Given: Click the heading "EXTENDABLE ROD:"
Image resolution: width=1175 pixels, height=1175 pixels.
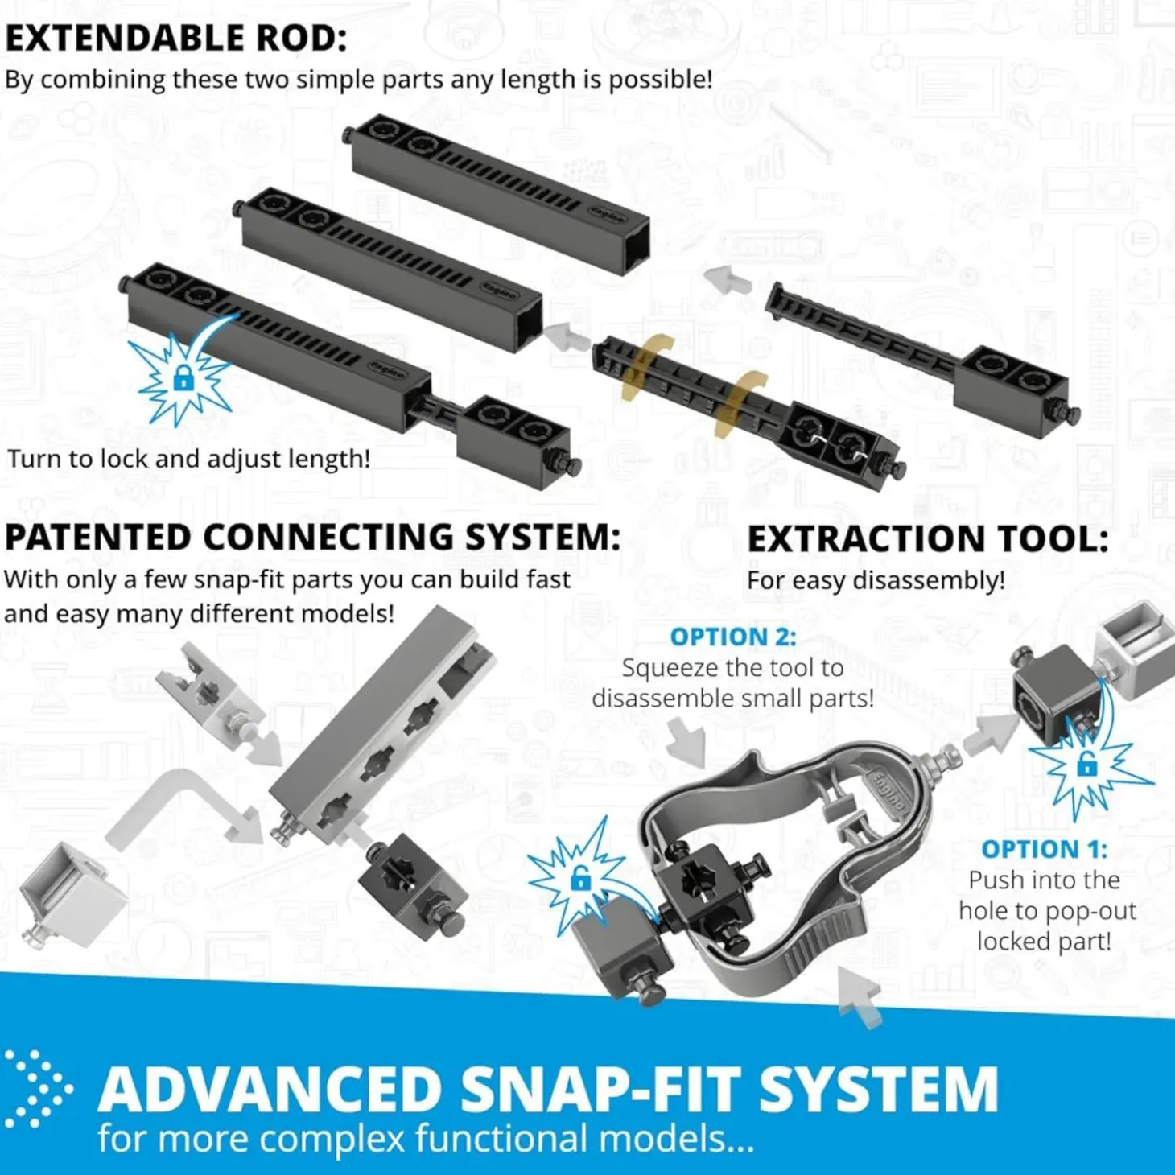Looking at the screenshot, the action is coord(175,39).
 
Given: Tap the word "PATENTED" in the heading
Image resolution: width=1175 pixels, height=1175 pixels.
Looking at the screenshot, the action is coord(98,538).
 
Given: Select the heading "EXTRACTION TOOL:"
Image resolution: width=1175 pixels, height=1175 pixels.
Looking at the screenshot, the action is coord(927,540).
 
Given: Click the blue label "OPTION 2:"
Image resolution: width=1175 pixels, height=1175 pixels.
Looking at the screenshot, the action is coord(733,637).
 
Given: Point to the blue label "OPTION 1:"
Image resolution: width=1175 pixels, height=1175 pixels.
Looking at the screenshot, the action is coord(1044,849).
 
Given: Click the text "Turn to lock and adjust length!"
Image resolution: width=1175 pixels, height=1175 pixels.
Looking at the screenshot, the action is coord(188,460).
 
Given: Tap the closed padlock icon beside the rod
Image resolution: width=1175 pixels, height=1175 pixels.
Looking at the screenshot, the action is coord(183,379).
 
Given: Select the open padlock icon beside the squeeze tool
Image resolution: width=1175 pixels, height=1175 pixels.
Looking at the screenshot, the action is coord(580,879).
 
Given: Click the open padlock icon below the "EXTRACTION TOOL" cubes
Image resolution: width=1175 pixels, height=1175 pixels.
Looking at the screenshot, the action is coord(1086,764).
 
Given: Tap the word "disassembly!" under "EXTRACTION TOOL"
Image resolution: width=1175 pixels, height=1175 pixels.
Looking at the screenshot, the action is coord(929,580).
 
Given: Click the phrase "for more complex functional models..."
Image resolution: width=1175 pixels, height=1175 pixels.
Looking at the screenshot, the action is coord(427,1139).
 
